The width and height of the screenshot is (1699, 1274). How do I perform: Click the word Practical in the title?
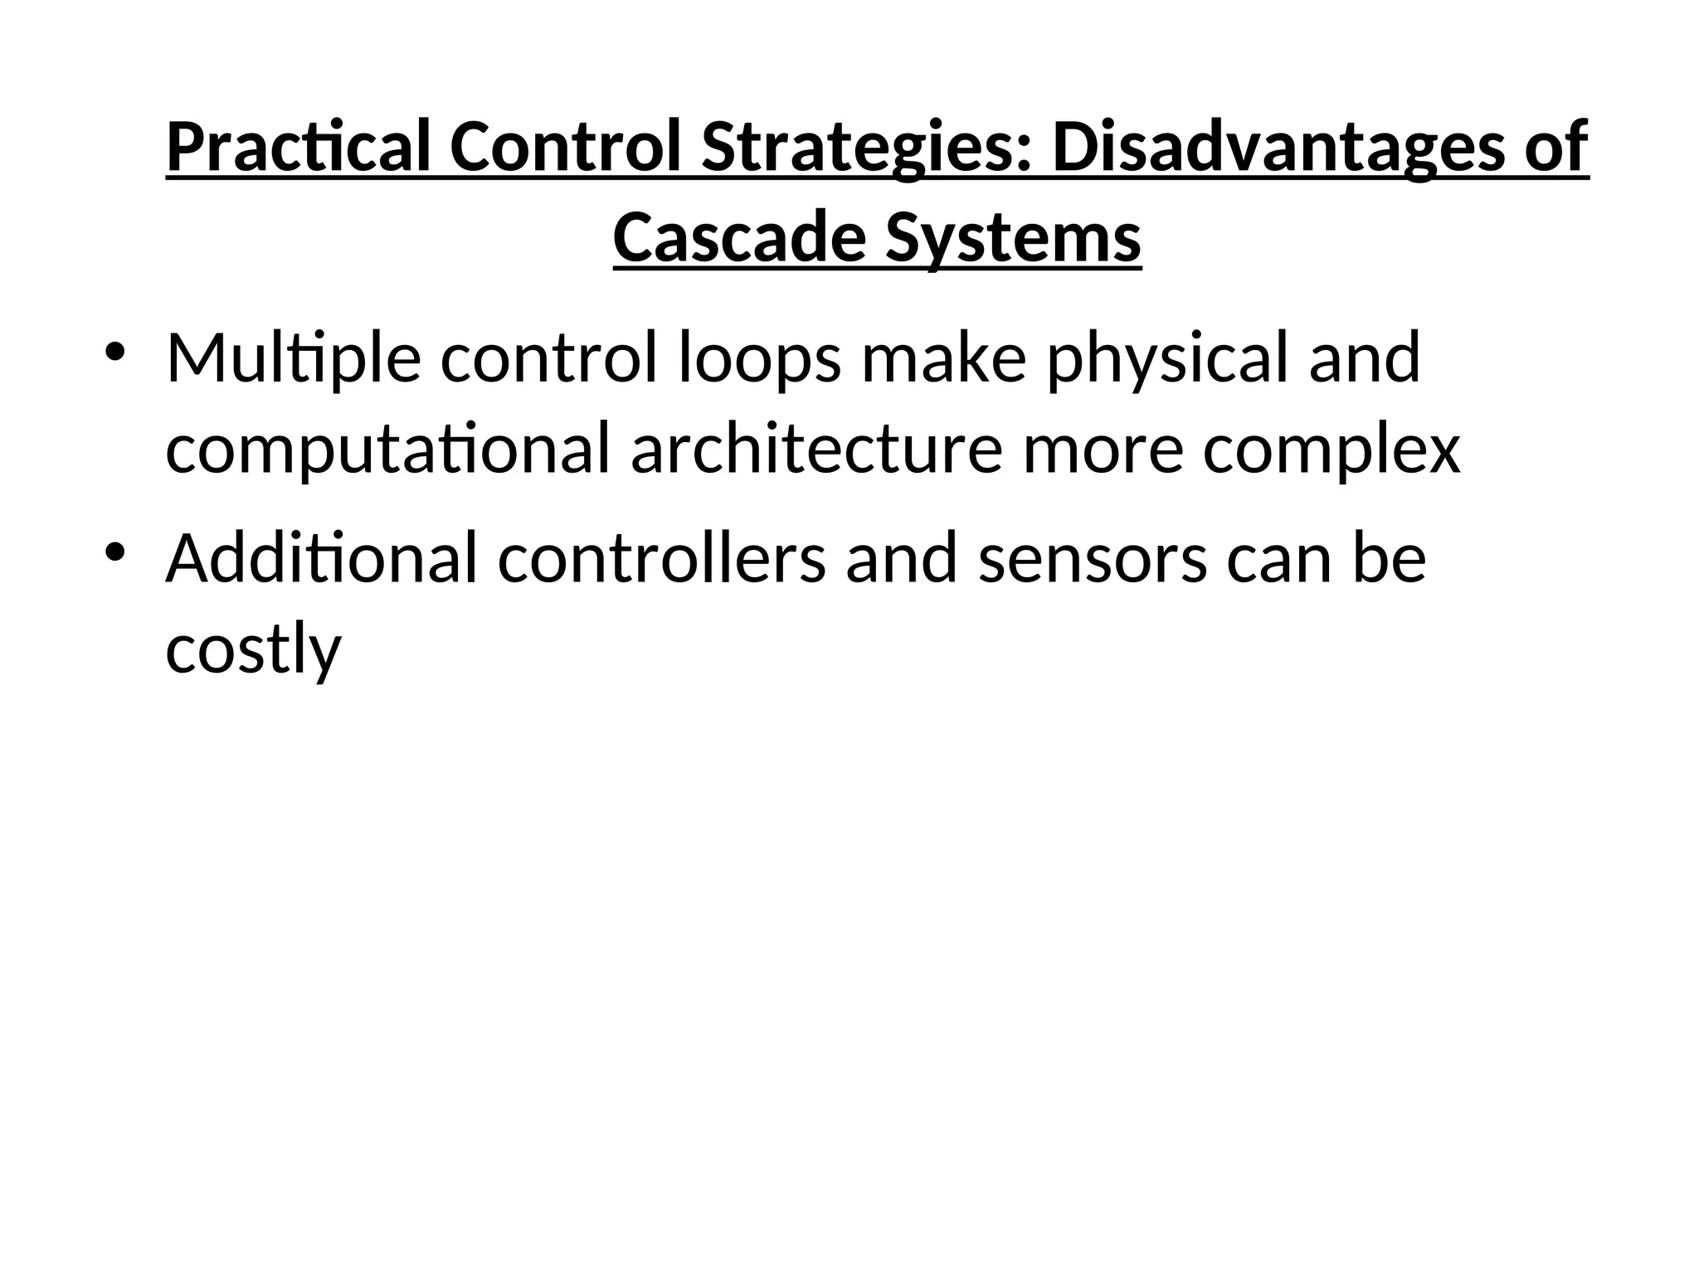[x=299, y=148]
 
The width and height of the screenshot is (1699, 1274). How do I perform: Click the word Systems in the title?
[x=1013, y=238]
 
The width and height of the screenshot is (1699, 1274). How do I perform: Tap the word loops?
[x=760, y=358]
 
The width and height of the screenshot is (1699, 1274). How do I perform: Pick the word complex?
[x=1331, y=450]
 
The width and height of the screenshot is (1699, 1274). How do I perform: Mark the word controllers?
[x=662, y=558]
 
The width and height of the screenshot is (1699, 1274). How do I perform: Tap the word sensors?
[x=1093, y=558]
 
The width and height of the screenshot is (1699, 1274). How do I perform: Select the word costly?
[x=254, y=649]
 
